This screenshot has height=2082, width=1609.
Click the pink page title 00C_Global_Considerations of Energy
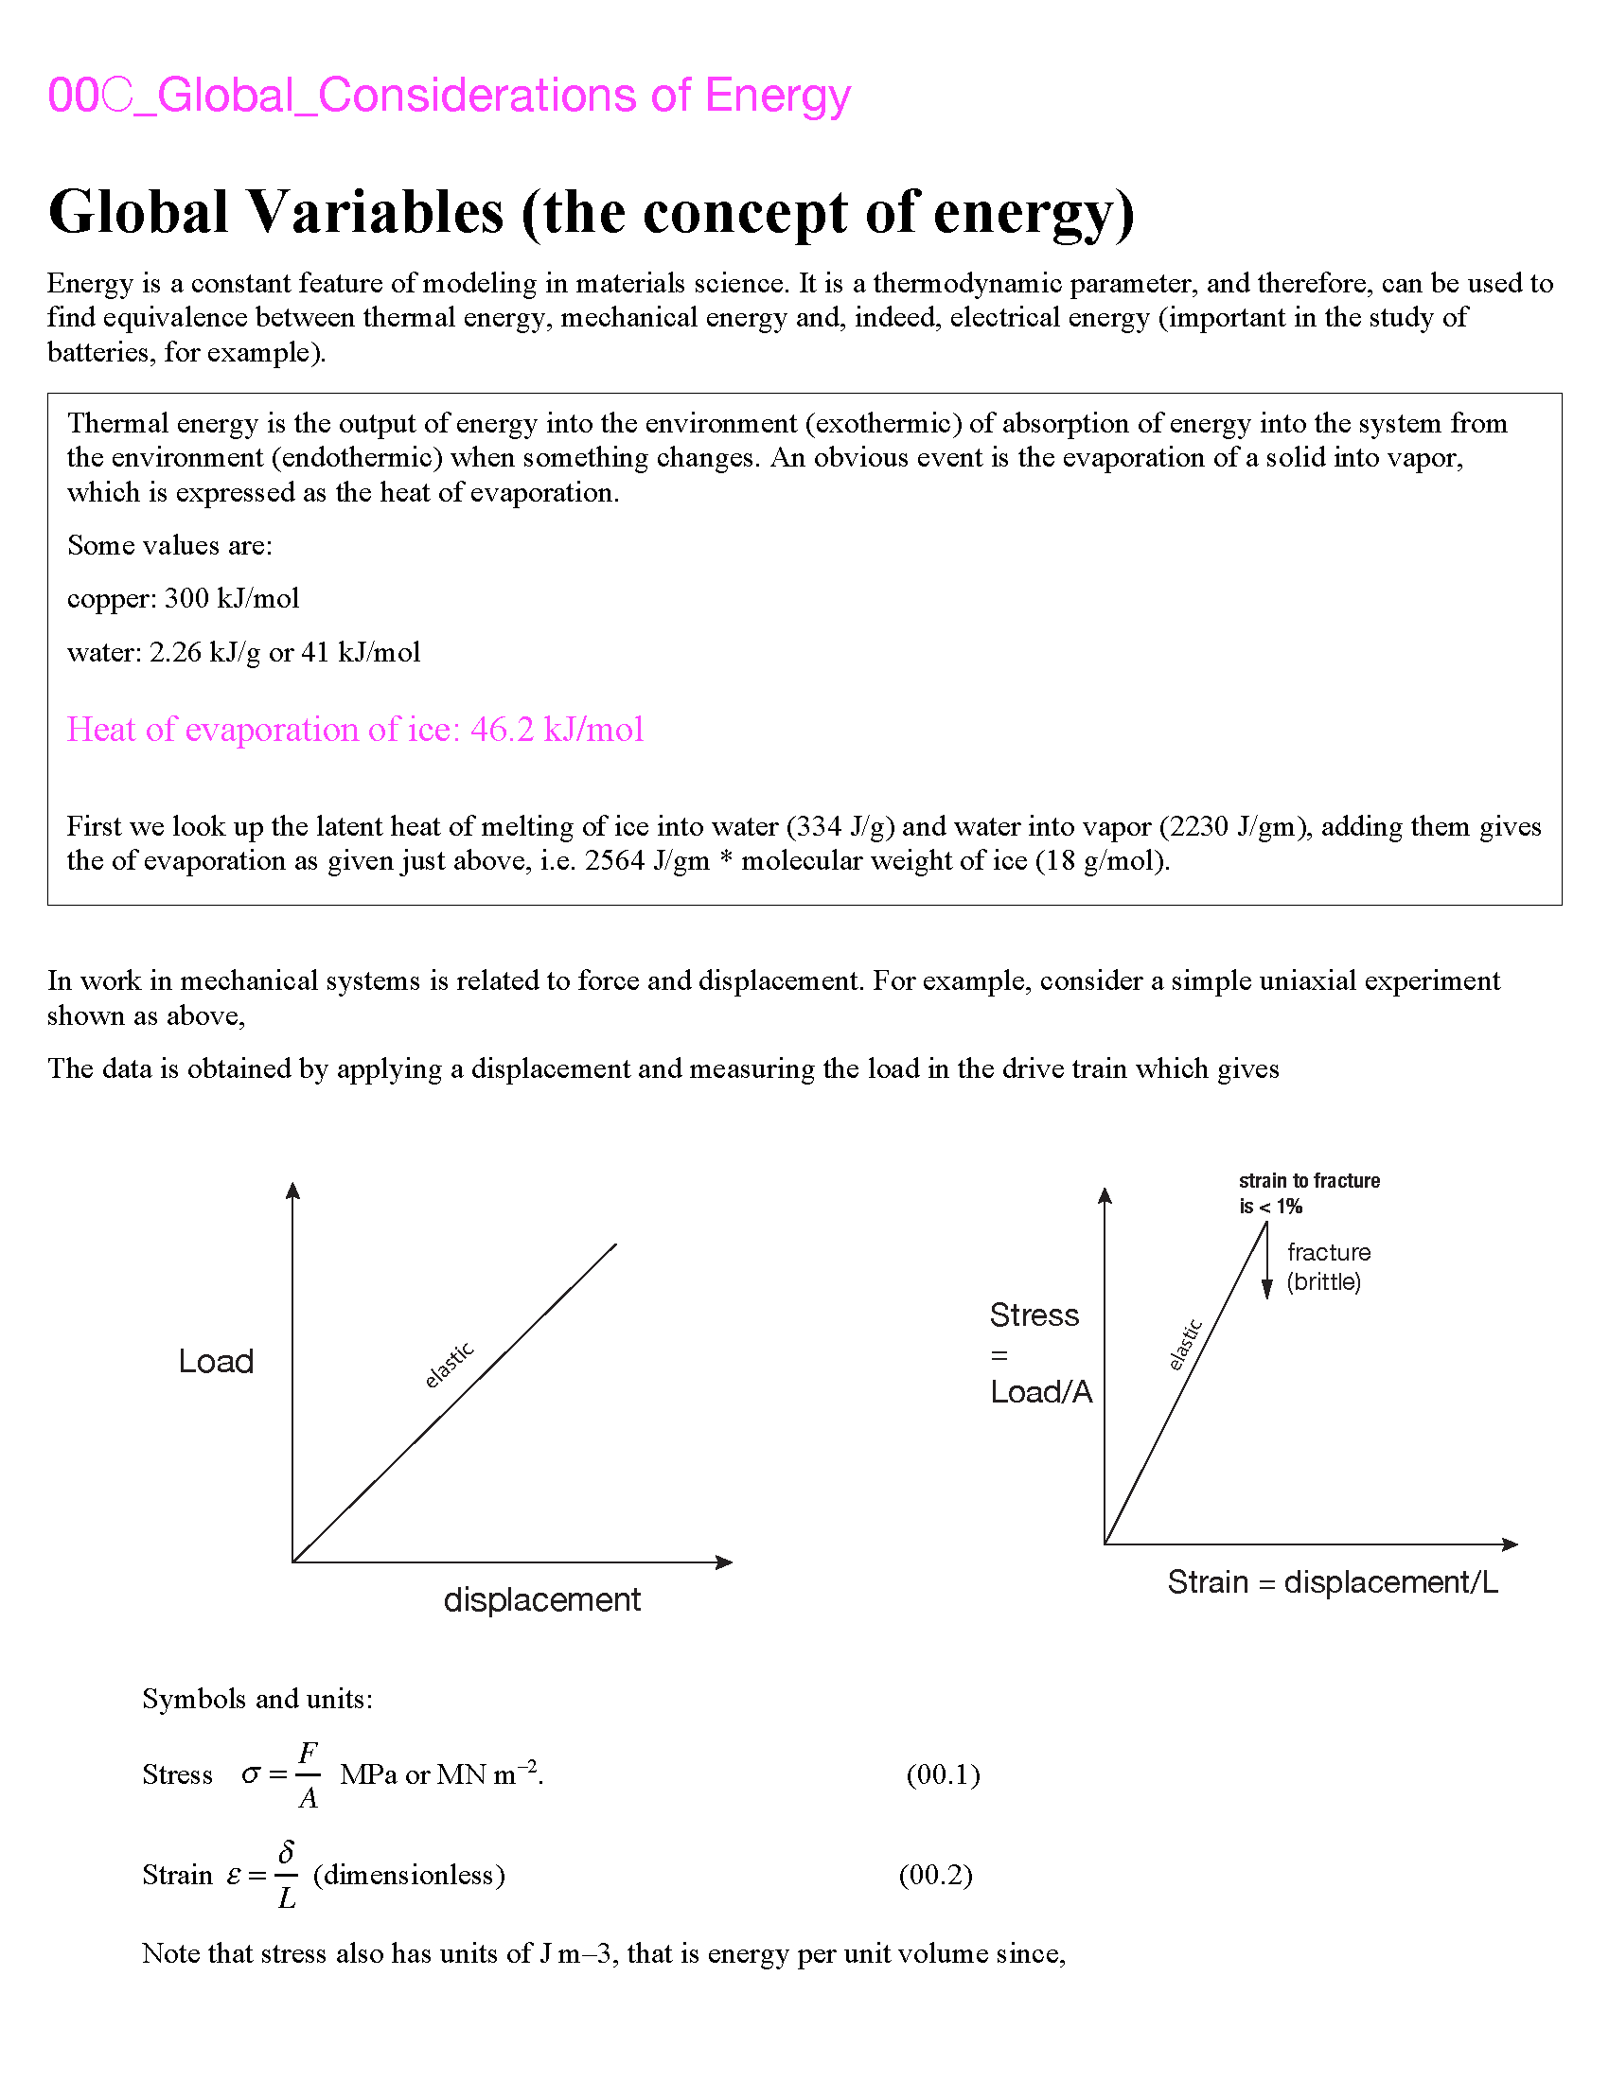point(448,96)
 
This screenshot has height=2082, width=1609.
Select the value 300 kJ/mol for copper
point(232,599)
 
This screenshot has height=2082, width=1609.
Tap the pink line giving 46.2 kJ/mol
point(355,730)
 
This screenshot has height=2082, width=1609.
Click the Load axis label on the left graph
point(217,1361)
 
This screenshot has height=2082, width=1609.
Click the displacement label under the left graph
point(541,1598)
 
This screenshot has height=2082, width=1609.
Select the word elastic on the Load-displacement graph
point(449,1365)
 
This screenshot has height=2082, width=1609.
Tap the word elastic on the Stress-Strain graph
point(1186,1345)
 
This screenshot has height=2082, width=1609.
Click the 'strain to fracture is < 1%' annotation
point(1309,1193)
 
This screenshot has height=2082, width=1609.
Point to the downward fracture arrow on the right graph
point(1266,1263)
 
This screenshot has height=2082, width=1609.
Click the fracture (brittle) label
point(1328,1267)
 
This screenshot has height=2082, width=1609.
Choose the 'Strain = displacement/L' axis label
point(1333,1582)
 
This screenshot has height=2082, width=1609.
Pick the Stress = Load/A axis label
point(1040,1353)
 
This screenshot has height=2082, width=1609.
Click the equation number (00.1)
point(943,1774)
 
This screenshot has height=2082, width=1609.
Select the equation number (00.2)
point(935,1875)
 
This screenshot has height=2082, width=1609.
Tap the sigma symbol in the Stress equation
point(251,1775)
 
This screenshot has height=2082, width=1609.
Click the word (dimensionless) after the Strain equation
point(409,1875)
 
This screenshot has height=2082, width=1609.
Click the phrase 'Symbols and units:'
point(257,1699)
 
